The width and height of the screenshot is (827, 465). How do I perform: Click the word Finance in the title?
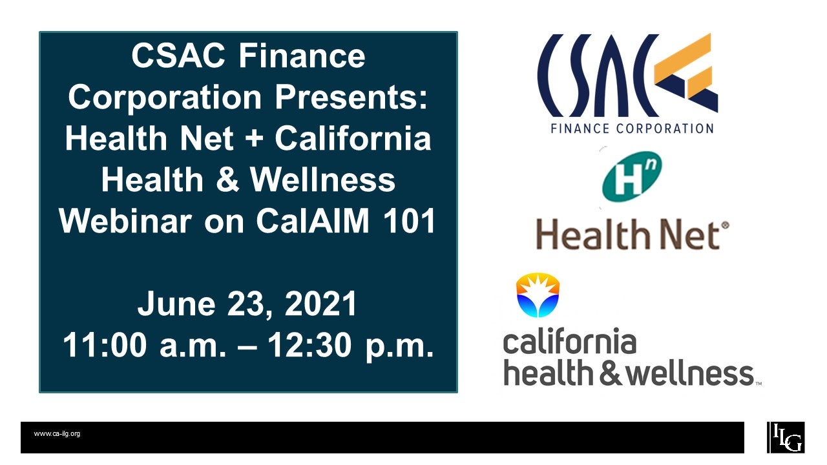pos(303,57)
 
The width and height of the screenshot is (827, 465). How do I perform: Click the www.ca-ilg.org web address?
pos(57,434)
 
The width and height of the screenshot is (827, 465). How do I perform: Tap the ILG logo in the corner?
pos(786,437)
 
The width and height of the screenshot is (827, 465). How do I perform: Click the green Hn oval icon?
pos(631,178)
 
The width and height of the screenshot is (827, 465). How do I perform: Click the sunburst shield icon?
pos(538,295)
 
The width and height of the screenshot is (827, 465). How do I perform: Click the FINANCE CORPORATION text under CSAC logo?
pos(632,128)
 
